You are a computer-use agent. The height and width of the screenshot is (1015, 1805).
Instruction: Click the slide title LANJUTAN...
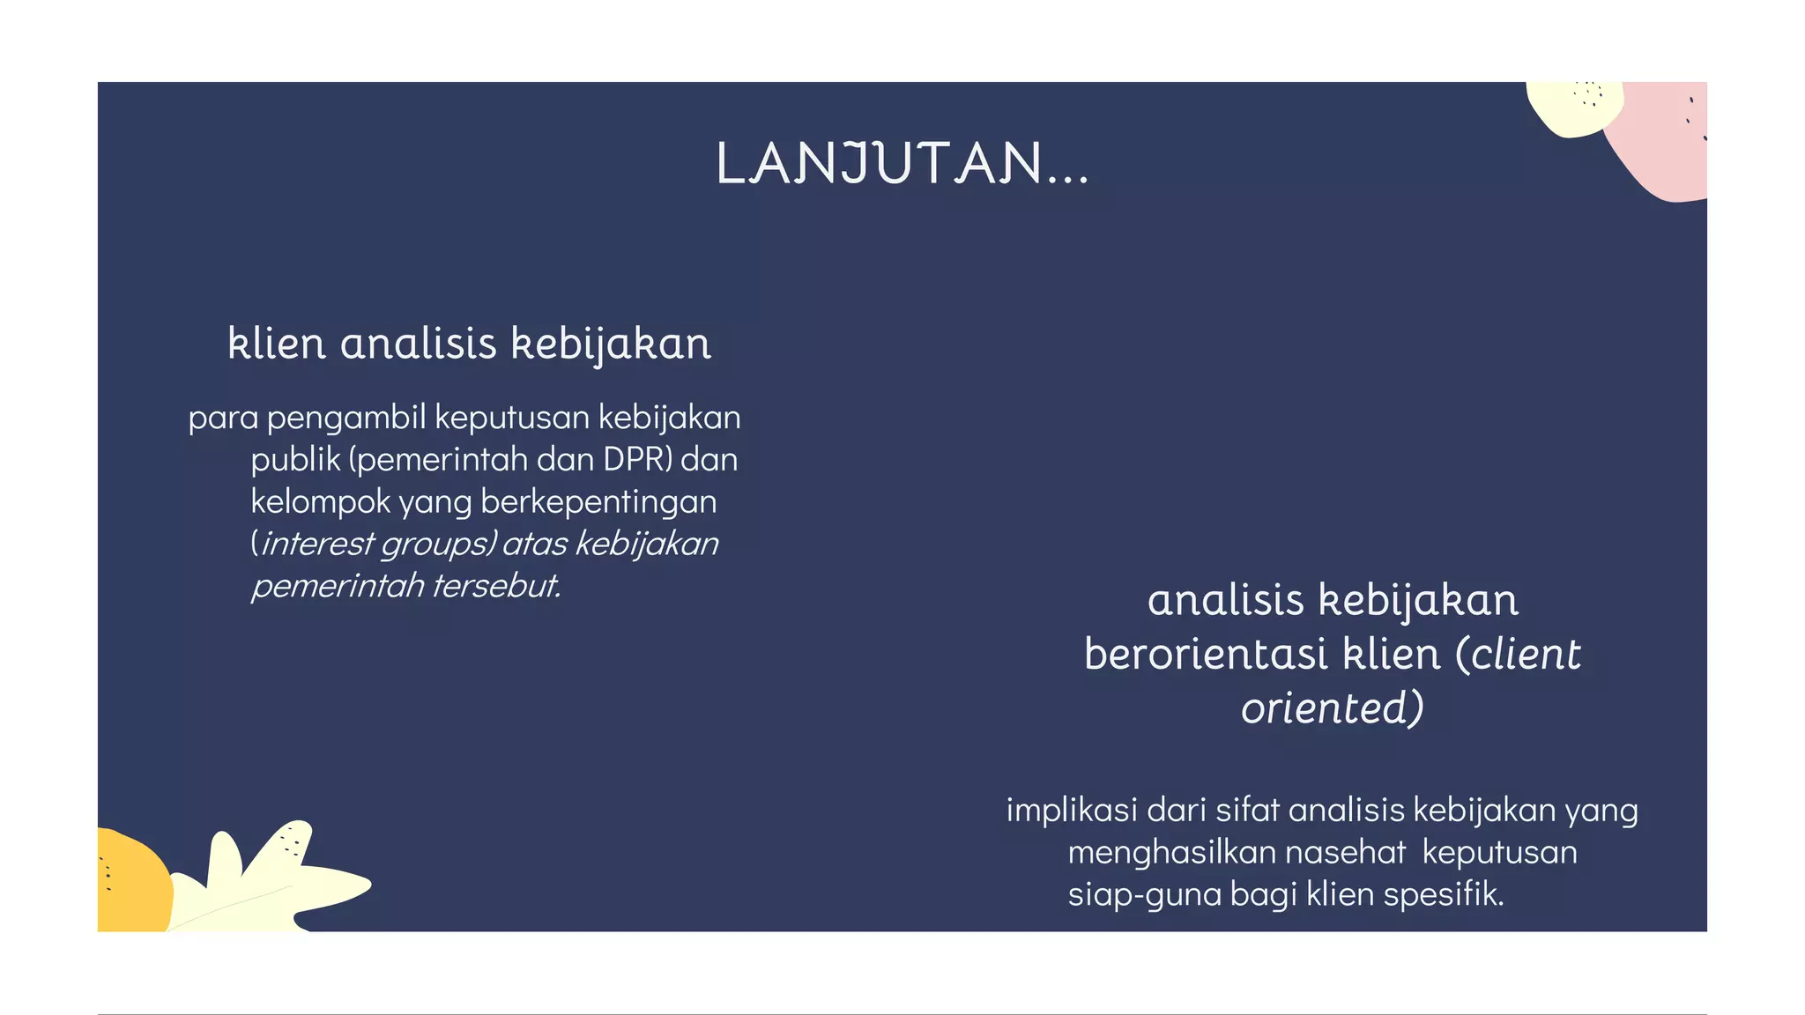902,164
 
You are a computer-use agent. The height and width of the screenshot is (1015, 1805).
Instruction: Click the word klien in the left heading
277,344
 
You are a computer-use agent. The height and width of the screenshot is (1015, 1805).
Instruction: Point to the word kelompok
320,502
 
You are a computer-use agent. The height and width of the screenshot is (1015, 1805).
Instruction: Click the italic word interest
317,544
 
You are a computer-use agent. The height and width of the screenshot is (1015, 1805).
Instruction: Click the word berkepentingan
598,502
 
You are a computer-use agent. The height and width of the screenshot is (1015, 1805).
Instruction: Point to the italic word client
1526,655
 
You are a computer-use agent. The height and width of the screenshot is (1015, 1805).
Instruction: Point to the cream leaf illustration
264,881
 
